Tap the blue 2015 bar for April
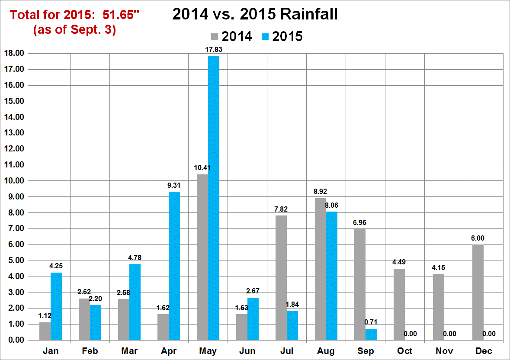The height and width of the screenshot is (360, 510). tap(174, 266)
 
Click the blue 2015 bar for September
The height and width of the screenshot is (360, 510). tap(371, 334)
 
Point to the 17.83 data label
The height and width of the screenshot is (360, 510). tap(214, 50)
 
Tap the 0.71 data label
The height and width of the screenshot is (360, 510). tap(372, 322)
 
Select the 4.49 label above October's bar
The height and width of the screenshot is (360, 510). tap(399, 262)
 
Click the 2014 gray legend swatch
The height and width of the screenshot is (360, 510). tap(215, 37)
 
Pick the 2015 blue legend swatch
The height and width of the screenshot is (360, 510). tap(265, 37)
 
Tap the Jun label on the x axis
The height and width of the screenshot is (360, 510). tap(247, 351)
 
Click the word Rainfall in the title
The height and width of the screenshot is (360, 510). tap(308, 14)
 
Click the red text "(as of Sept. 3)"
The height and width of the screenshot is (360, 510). tap(74, 31)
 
